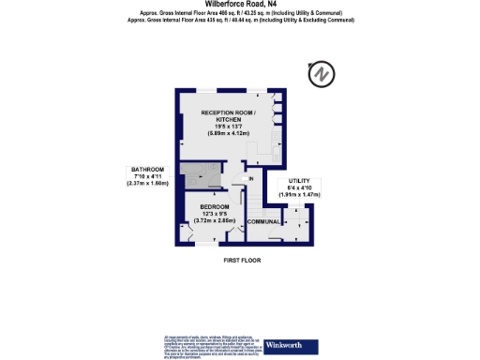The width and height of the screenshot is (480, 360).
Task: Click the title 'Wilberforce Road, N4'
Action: pos(239,4)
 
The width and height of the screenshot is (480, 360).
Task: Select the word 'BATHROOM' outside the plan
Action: pos(147,170)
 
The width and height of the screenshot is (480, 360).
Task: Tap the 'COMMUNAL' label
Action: pos(263,221)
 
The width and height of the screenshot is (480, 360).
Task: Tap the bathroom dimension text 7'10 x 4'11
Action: pos(146,177)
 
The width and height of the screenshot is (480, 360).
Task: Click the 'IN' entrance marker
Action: pos(251,178)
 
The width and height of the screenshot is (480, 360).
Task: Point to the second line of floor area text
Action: pos(239,18)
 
